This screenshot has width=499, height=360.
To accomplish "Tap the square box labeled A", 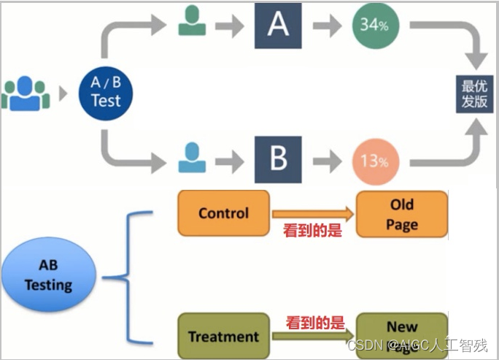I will (x=278, y=25).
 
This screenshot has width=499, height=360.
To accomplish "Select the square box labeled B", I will (x=278, y=159).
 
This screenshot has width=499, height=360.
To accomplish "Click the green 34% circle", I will (x=374, y=26).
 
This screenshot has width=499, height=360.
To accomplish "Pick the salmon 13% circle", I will (x=374, y=161).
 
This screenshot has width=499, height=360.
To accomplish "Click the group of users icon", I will (x=26, y=93).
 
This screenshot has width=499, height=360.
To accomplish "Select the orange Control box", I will (x=223, y=213).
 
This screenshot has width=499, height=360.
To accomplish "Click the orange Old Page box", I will (x=401, y=215).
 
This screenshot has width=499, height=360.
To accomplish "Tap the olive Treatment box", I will (x=223, y=337).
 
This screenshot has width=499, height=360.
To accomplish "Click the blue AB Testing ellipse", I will (x=48, y=274).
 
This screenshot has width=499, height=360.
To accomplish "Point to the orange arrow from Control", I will (x=312, y=214).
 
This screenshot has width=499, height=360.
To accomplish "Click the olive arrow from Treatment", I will (x=312, y=336).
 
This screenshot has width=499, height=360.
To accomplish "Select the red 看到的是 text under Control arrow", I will (x=312, y=231).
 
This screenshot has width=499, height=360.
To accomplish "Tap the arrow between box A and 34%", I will (x=328, y=26).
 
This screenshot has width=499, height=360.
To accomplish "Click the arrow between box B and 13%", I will (x=328, y=160).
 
